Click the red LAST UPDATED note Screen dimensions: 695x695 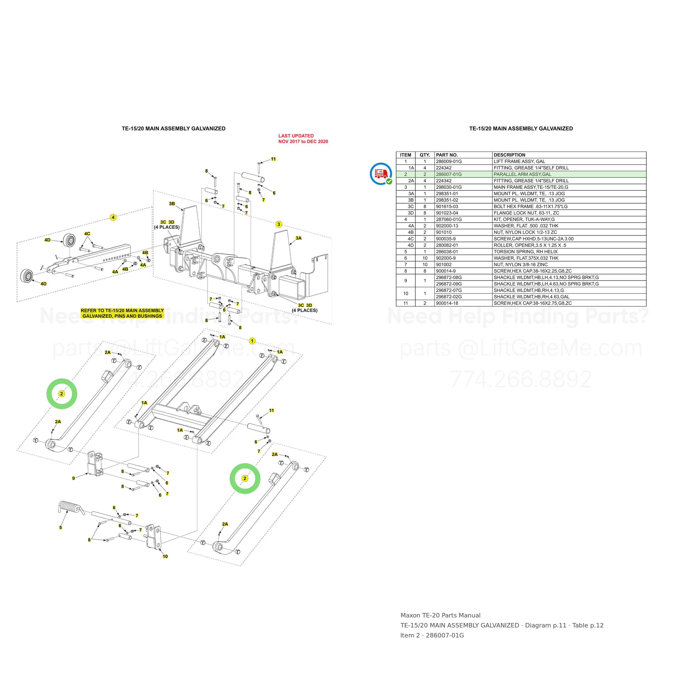(303, 138)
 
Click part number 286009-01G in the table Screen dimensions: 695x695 (449, 162)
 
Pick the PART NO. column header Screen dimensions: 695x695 (447, 155)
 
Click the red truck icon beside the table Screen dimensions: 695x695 (381, 174)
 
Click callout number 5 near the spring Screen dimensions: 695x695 (60, 528)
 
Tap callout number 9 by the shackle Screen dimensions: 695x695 (73, 478)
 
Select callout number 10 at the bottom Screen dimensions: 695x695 (165, 557)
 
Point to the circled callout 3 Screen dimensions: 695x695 (279, 224)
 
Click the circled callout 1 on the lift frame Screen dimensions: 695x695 (252, 341)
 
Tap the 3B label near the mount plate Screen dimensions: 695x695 (172, 203)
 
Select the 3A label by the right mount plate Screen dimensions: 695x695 (299, 238)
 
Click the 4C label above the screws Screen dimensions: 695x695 (87, 234)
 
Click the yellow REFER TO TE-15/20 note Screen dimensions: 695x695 (122, 313)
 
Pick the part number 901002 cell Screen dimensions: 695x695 (443, 265)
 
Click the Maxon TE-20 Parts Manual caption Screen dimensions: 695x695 (440, 615)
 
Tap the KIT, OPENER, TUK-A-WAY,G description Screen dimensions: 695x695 (524, 219)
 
